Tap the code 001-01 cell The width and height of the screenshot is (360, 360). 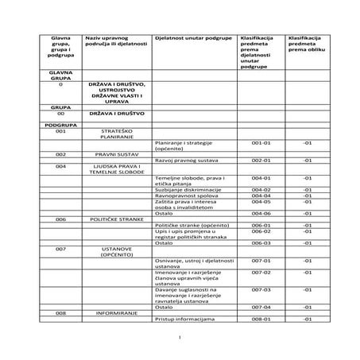tap(261, 142)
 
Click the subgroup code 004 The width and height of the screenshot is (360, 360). tap(60, 166)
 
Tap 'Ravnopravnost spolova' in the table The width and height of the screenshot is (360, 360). tap(184, 196)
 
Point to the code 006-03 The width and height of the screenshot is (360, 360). tap(261, 242)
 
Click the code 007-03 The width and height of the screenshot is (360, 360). tap(261, 290)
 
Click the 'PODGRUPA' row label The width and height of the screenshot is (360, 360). tap(60, 124)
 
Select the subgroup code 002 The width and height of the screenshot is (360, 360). tap(60, 154)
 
